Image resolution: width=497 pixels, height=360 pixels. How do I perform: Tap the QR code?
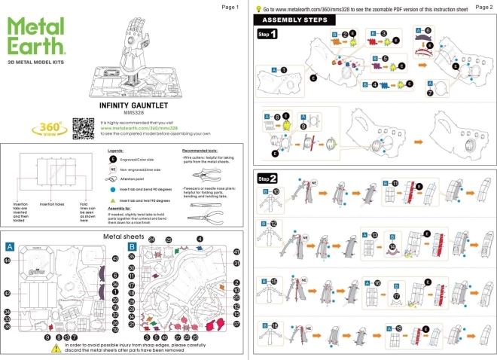(x=82, y=127)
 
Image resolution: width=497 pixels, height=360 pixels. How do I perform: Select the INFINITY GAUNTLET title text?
(x=128, y=107)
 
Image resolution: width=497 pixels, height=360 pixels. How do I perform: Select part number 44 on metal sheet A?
(x=8, y=260)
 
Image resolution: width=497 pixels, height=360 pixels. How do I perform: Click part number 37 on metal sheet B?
(x=236, y=325)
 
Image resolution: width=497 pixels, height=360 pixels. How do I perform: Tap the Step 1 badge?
(x=267, y=35)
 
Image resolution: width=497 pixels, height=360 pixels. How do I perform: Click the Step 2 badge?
(x=267, y=178)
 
